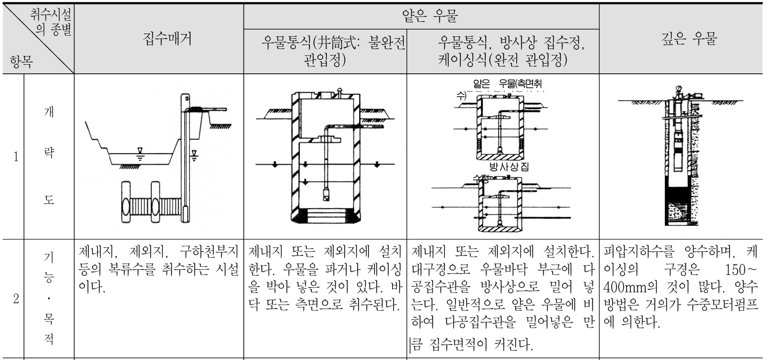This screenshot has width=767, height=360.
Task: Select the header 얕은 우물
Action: click(422, 13)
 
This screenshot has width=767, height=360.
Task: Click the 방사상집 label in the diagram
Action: click(508, 168)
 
